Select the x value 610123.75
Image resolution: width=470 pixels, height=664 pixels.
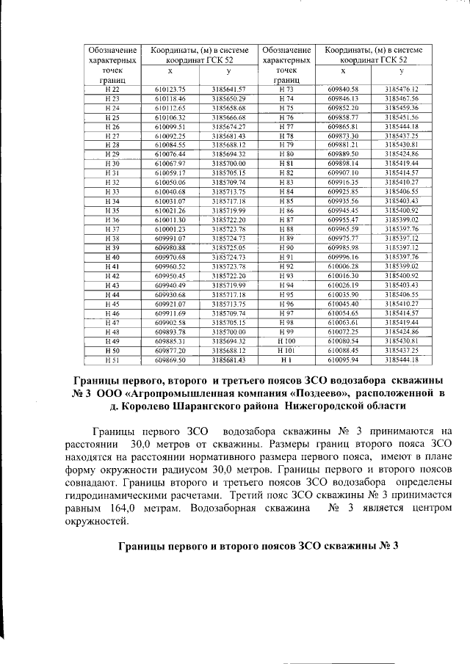click(x=170, y=89)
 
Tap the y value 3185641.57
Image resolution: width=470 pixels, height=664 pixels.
click(x=228, y=89)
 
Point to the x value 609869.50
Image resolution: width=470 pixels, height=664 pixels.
click(x=170, y=360)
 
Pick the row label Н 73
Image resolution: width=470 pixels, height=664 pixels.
click(x=286, y=89)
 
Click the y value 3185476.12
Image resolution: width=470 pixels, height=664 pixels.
click(x=401, y=89)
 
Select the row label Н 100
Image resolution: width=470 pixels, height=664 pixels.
click(x=286, y=341)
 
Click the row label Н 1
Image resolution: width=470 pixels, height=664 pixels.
click(x=286, y=360)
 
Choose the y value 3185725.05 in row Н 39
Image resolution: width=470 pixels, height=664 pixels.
click(x=228, y=247)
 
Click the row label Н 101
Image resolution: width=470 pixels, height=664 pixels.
click(x=286, y=351)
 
